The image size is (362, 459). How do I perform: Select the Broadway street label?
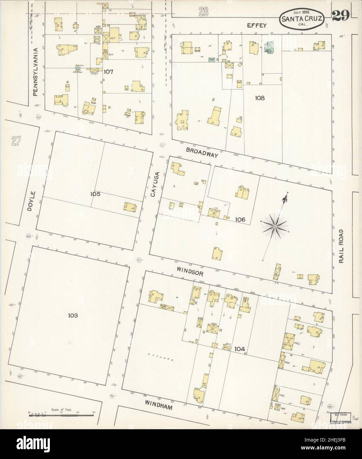click(202, 152)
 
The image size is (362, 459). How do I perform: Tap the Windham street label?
click(159, 407)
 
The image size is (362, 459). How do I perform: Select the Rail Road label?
click(342, 246)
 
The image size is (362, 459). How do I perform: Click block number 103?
click(73, 316)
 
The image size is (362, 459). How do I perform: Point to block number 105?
click(95, 194)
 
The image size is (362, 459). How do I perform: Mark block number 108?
click(260, 98)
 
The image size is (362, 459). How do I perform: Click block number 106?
click(240, 219)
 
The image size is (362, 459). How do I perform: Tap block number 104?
click(240, 349)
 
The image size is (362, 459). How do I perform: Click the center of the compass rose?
click(274, 227)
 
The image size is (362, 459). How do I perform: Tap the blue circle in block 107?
click(77, 68)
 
